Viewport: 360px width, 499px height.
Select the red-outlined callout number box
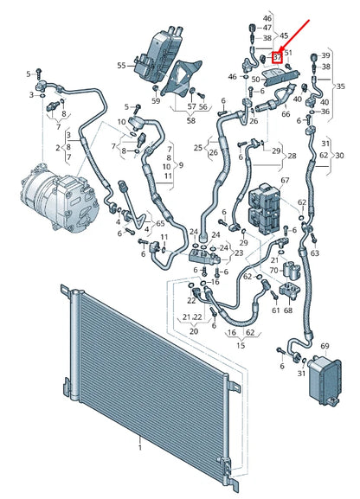277,58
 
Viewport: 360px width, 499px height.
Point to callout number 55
123,66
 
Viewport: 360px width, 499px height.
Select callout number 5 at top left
29,73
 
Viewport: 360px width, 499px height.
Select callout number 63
315,253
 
